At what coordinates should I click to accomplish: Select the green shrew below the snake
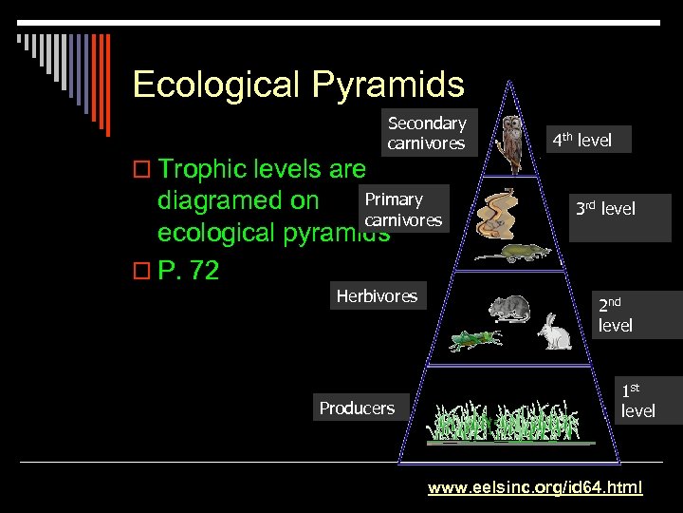point(507,253)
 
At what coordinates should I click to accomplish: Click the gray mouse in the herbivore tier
point(509,308)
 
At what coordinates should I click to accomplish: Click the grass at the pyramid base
point(512,423)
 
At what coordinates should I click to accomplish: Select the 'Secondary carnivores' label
point(427,133)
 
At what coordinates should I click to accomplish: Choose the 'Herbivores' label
point(377,296)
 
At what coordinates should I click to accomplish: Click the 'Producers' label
point(357,408)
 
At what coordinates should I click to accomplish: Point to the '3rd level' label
point(604,209)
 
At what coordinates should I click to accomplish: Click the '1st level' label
point(637,400)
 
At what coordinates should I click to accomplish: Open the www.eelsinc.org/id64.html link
point(535,487)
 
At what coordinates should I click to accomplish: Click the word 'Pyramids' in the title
point(390,85)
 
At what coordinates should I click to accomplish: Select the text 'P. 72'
point(189,271)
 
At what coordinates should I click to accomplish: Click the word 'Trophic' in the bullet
point(206,169)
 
